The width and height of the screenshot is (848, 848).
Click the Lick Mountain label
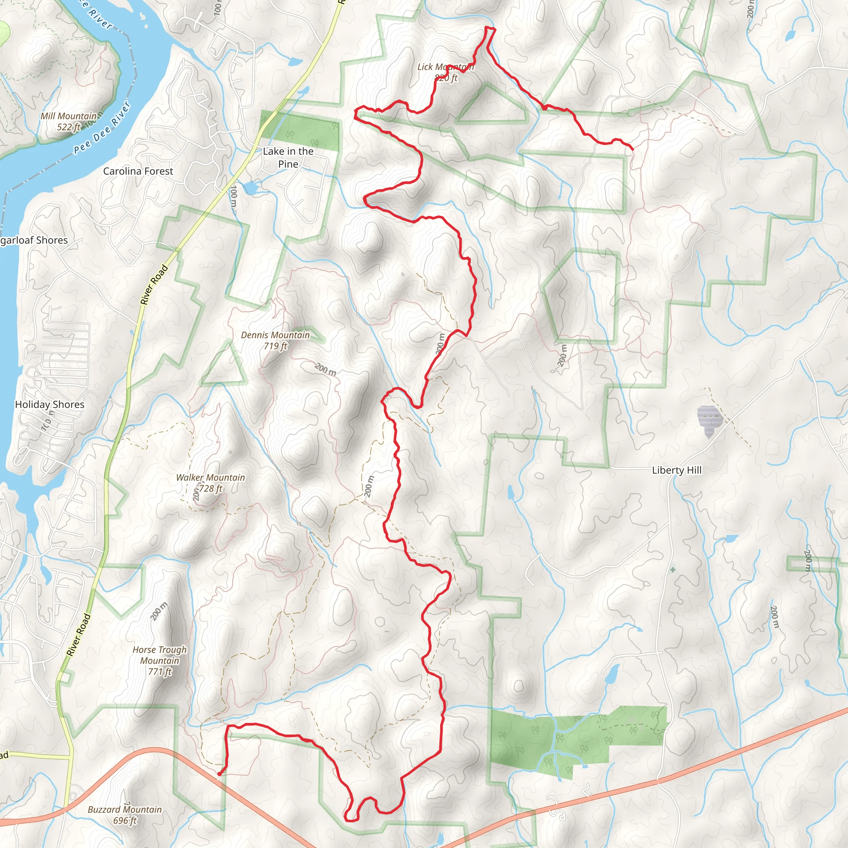coord(445,72)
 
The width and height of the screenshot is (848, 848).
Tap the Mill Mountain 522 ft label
coord(68,122)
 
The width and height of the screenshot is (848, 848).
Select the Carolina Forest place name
coord(138,171)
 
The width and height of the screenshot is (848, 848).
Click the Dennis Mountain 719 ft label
coord(275,340)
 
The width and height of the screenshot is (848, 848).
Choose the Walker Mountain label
coord(210,482)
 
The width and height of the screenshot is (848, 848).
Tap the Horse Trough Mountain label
coord(159,660)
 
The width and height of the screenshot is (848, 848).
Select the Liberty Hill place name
coord(677,470)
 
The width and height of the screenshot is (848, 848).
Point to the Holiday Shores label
coord(50,404)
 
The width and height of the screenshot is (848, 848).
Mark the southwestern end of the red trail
coord(219,774)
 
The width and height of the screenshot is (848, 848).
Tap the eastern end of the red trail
coord(633,149)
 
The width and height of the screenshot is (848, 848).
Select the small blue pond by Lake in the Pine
coord(251,188)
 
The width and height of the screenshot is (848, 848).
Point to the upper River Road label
coord(154,285)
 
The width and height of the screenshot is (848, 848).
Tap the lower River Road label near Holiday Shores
coord(79,635)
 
